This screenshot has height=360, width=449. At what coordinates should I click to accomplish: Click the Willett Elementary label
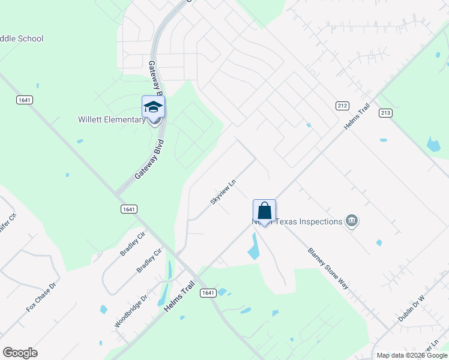tap(112, 119)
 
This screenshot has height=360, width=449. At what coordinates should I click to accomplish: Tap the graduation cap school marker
tap(153, 107)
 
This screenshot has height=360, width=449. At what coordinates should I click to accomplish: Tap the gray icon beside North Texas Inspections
tap(352, 221)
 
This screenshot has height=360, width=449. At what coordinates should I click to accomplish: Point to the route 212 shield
tap(342, 106)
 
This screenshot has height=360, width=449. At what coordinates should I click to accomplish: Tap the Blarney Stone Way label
tap(328, 268)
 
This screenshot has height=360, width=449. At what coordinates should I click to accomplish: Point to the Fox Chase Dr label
tap(41, 296)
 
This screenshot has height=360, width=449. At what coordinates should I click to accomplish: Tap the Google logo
tap(20, 353)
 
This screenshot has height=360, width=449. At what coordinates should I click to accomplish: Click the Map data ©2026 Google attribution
tap(412, 355)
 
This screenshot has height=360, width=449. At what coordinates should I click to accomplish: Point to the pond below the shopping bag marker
tap(255, 246)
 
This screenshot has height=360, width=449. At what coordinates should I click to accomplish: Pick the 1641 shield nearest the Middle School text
tap(25, 100)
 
